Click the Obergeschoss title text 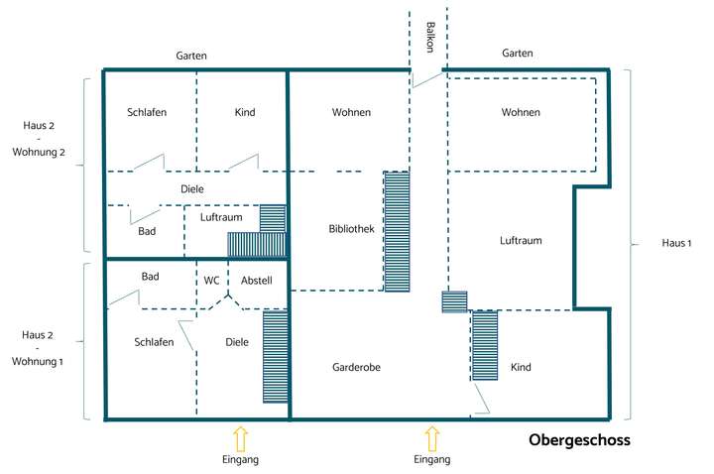tap(579, 439)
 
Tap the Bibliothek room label tap(351, 229)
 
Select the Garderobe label tap(356, 367)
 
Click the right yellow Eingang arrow tap(431, 437)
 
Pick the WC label tap(212, 281)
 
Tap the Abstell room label tap(256, 281)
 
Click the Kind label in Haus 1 tap(521, 367)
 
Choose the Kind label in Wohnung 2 tap(245, 112)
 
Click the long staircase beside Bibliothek tap(397, 231)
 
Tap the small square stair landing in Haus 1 tap(454, 301)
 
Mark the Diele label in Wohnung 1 tap(237, 342)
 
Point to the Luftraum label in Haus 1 tap(521, 240)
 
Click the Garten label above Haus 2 tap(191, 57)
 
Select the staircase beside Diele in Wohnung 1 tap(276, 356)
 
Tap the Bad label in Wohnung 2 tap(147, 230)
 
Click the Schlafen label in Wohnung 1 tap(154, 342)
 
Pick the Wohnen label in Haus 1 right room tap(521, 112)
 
